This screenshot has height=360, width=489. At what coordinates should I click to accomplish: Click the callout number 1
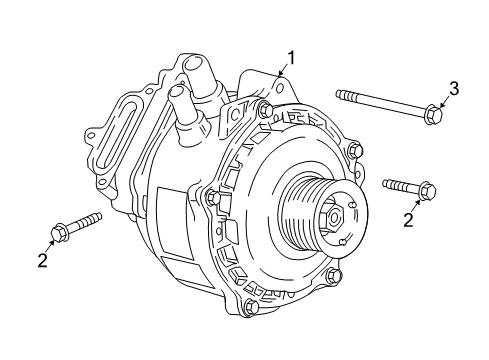(291, 57)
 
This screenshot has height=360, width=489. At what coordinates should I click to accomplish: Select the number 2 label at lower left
(41, 262)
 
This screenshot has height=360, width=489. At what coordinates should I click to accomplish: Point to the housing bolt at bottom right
(333, 277)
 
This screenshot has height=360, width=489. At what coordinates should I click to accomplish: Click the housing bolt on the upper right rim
(353, 151)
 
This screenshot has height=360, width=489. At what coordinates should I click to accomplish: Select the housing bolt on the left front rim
(212, 198)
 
